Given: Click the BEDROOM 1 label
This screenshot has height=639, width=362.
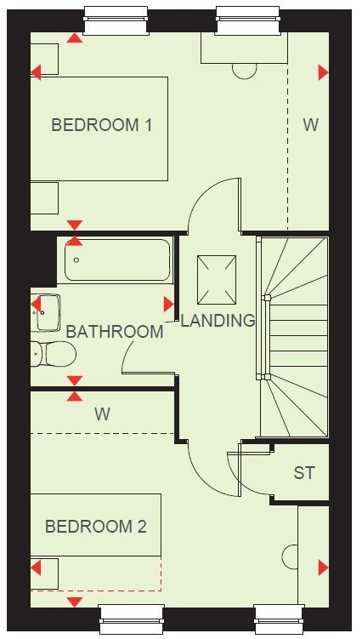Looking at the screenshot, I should (x=102, y=125).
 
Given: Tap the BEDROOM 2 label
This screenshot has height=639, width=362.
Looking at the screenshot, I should (x=96, y=527).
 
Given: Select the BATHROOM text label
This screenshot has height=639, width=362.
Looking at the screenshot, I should (x=115, y=331).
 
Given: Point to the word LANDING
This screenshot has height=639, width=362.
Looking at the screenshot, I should (x=218, y=321).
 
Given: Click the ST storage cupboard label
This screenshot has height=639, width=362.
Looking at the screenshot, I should (x=304, y=473).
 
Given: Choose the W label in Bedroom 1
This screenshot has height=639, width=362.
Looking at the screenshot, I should (x=311, y=125).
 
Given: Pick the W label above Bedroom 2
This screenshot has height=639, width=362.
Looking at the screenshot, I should (x=102, y=414).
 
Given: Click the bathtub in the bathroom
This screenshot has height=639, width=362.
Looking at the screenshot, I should (x=117, y=260).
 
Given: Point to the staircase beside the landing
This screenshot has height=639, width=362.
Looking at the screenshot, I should (x=294, y=336).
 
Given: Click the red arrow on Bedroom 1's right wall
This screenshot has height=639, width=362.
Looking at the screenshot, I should (x=323, y=72).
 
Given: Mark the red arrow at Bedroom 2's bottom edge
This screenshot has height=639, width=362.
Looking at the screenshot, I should (x=75, y=602).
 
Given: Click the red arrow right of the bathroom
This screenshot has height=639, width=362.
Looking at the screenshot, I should (x=168, y=304).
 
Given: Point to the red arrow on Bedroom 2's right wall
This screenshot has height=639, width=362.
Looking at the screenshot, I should (x=323, y=568).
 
